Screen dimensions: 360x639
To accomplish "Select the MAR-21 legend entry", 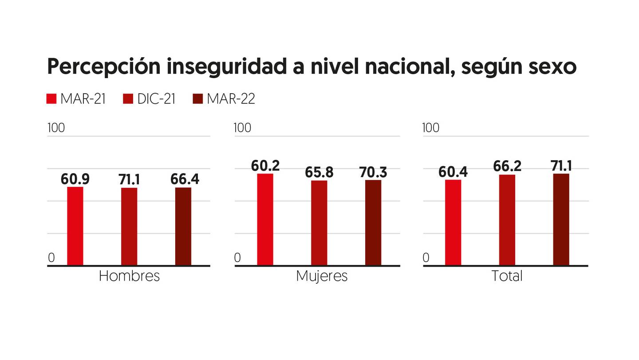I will (76, 99).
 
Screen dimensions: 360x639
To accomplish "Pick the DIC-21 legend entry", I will (149, 99).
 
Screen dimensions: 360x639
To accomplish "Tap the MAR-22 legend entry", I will (224, 99).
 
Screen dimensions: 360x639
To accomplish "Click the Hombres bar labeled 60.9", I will (75, 226).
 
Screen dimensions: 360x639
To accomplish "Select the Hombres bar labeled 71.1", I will (129, 226).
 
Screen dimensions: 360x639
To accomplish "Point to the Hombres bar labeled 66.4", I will (183, 226).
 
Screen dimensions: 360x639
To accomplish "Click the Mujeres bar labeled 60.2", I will (265, 219).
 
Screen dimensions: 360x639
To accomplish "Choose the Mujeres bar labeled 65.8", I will (319, 223).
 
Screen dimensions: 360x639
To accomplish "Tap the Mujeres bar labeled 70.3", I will (373, 222).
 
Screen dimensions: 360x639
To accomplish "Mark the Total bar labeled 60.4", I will (453, 222).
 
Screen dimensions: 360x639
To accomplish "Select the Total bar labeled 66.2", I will (507, 220).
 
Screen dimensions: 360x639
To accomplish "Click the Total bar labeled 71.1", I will (561, 219).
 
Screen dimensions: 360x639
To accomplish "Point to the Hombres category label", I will (129, 276).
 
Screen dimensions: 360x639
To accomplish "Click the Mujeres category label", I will (322, 277).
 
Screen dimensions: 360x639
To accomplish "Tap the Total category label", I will (507, 276).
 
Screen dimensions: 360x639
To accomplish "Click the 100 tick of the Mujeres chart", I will (242, 128).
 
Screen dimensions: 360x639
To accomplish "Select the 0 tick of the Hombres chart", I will (51, 258).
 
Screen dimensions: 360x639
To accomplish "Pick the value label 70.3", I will (373, 172).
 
